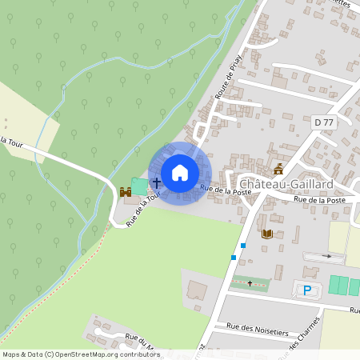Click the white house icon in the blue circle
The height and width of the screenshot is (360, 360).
coord(180,172)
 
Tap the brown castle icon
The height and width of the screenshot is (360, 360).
coord(125,192)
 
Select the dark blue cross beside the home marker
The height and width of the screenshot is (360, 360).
coord(156,184)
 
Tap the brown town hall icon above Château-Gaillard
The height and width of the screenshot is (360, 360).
coord(278,168)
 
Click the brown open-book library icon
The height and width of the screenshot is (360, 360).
coord(267,234)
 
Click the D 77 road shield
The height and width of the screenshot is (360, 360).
coord(324,122)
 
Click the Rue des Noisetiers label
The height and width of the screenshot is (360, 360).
coord(257,326)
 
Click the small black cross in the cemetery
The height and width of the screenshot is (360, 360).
coord(250,283)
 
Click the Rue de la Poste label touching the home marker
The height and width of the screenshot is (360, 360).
coord(221,190)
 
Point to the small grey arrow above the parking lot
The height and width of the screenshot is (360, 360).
coord(326,256)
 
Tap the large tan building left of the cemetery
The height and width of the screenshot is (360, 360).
coord(196,290)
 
